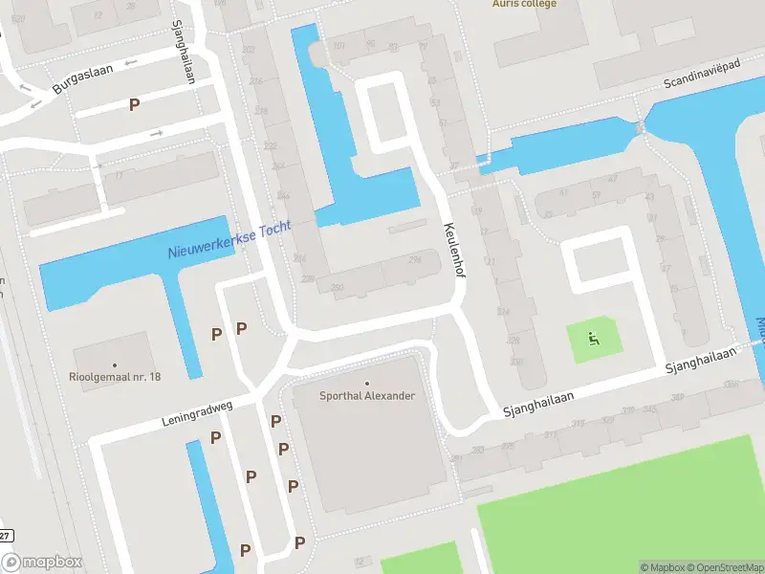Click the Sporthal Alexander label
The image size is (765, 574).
point(367,396)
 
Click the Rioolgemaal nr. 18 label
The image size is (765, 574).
point(115,377)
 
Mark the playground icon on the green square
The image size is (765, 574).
point(593,338)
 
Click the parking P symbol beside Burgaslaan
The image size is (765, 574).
point(135,104)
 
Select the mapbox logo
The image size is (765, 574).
point(42,563)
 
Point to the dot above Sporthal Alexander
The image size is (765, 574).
point(367,384)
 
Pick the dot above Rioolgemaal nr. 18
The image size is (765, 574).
point(115,364)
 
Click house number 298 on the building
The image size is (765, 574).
point(414,260)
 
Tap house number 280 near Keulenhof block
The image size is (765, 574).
point(337,288)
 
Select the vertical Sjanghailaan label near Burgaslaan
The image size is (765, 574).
point(183,53)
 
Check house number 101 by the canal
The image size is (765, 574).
point(339,46)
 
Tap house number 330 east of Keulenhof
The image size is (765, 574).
point(516,362)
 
